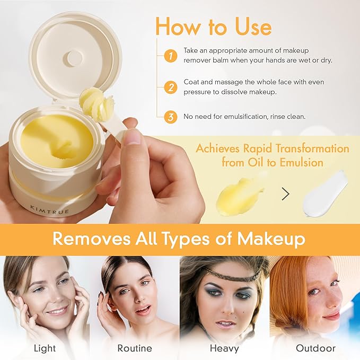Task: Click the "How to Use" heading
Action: [x=214, y=27]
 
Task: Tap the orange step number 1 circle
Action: [x=171, y=56]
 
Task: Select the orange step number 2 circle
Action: [x=171, y=87]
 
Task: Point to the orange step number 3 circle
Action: [x=171, y=117]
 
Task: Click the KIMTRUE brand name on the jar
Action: [x=50, y=209]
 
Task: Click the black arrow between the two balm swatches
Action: [x=285, y=194]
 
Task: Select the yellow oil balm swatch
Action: [x=240, y=198]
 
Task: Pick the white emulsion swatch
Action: [x=326, y=194]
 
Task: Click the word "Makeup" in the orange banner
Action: [x=271, y=239]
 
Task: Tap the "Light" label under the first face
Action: [x=45, y=348]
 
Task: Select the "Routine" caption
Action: [x=135, y=348]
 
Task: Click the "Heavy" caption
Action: [x=224, y=348]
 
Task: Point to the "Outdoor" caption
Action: [x=315, y=348]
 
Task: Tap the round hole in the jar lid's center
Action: [x=73, y=57]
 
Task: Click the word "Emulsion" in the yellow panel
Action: [x=302, y=163]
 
